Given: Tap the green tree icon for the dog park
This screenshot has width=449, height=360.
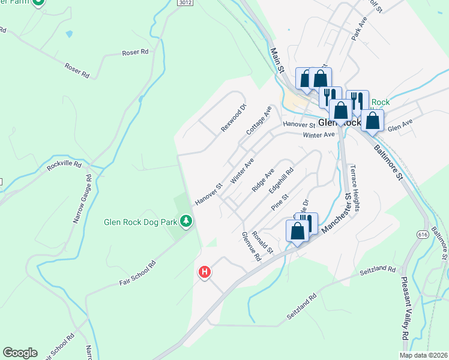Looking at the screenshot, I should pyautogui.click(x=187, y=221).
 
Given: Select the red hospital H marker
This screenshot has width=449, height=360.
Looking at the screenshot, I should pyautogui.click(x=205, y=272).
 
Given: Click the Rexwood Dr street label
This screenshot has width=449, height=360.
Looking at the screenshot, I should pyautogui.click(x=234, y=118).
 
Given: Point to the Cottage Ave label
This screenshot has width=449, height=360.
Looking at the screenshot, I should pyautogui.click(x=259, y=121).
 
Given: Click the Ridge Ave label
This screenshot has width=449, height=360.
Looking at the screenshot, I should pyautogui.click(x=263, y=179).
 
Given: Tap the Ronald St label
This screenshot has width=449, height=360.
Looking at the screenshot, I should pyautogui.click(x=262, y=242).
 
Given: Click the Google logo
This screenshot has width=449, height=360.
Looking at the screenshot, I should pyautogui.click(x=20, y=353).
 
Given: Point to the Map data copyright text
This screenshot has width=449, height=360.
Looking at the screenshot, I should pyautogui.click(x=424, y=355).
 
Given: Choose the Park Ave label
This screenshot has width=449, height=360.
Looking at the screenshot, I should pyautogui.click(x=359, y=27).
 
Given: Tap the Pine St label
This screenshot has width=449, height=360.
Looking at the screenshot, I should pyautogui.click(x=280, y=201).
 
